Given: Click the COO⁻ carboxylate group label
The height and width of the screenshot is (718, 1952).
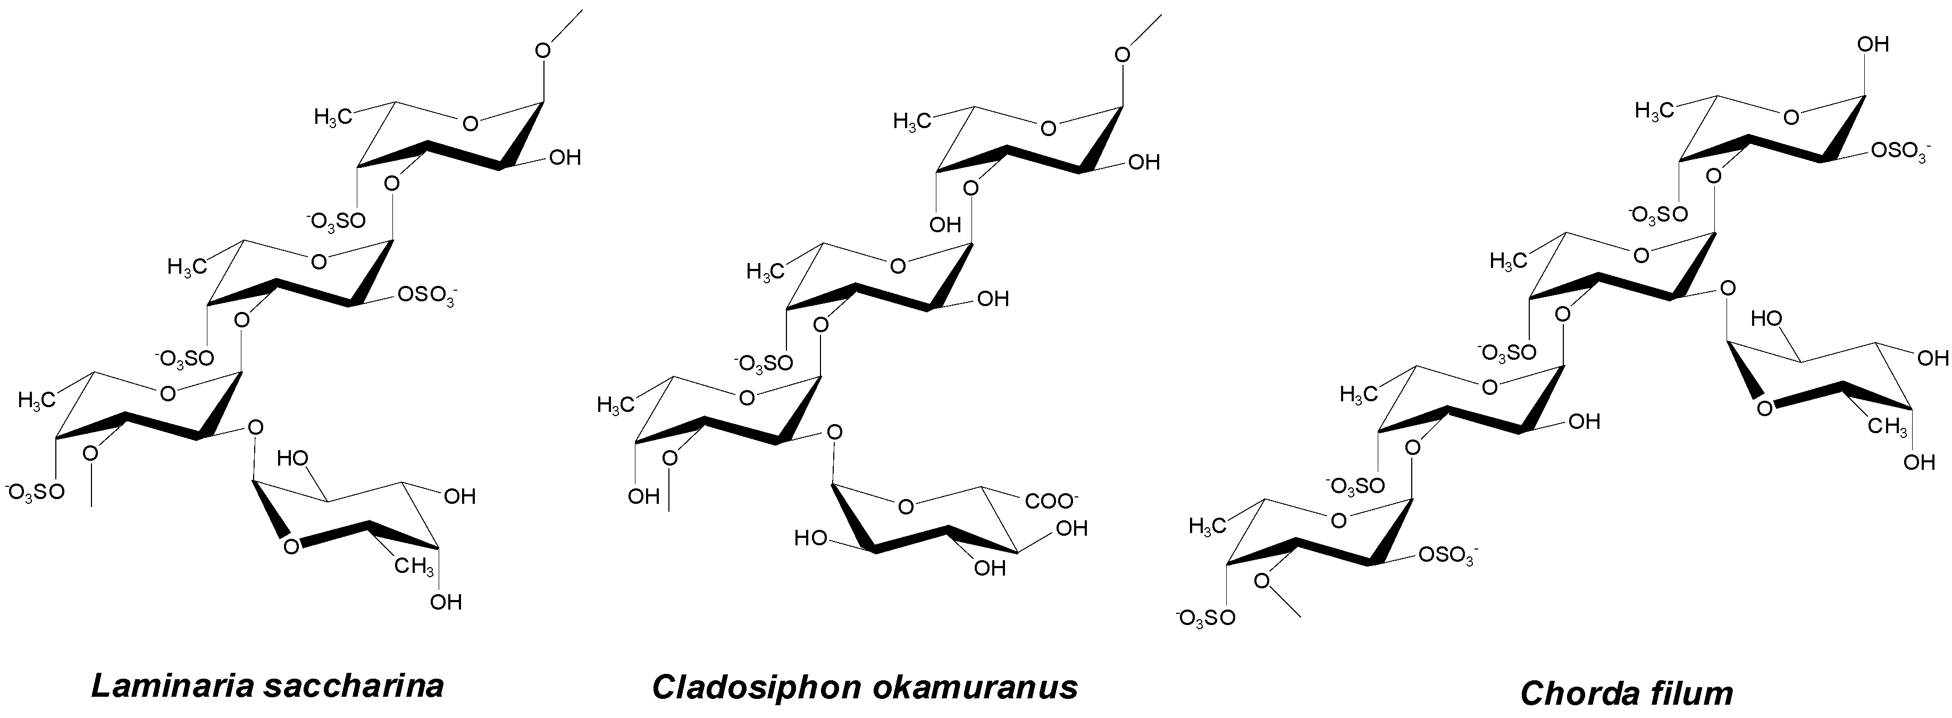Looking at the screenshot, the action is [1051, 501].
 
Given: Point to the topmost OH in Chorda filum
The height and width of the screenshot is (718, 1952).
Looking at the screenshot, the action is [1873, 45].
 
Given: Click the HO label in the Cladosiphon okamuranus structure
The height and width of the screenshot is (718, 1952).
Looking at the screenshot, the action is [811, 538].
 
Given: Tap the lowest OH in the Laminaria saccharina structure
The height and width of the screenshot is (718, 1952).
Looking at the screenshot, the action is [446, 602].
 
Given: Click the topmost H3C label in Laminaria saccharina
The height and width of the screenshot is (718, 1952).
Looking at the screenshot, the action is [333, 117].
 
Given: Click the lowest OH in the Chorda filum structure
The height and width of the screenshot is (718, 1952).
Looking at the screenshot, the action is [1920, 462].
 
